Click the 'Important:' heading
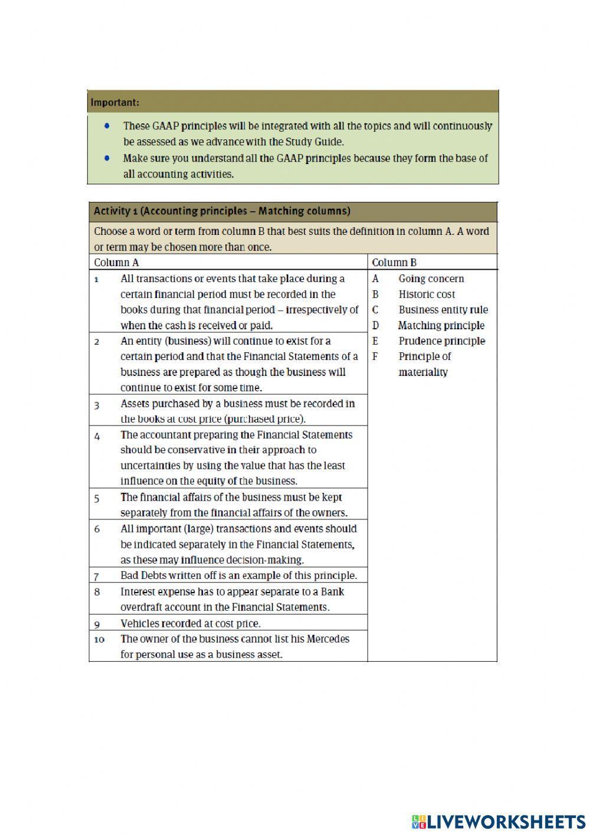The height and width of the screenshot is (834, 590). point(115,102)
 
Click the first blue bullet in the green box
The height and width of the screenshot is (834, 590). point(107,126)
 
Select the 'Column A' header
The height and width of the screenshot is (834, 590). point(116,263)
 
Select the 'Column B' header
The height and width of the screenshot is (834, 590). point(394,263)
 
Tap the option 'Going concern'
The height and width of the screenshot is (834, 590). point(431,279)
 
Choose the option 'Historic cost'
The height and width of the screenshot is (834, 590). point(427,294)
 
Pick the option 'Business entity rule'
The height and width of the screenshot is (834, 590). point(443,310)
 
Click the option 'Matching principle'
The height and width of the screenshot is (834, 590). point(441,325)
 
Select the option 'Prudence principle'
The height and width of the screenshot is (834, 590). point(441,341)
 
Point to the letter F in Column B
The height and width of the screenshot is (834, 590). point(375,357)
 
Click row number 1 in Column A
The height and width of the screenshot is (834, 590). point(96,279)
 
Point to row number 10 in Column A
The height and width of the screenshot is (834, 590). point(99,639)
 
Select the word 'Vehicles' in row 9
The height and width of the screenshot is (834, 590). point(140,623)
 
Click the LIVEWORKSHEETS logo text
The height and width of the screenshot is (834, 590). point(506,821)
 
